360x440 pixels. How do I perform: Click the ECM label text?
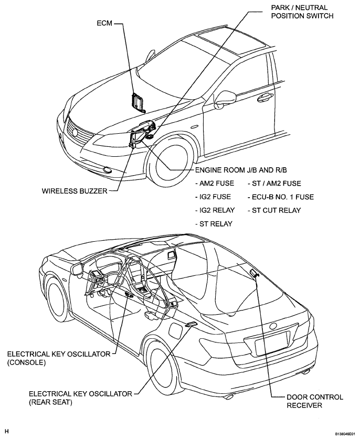pyautogui.click(x=105, y=24)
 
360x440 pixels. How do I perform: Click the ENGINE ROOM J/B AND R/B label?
pyautogui.click(x=240, y=170)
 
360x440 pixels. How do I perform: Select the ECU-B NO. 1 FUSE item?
pyautogui.click(x=280, y=197)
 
